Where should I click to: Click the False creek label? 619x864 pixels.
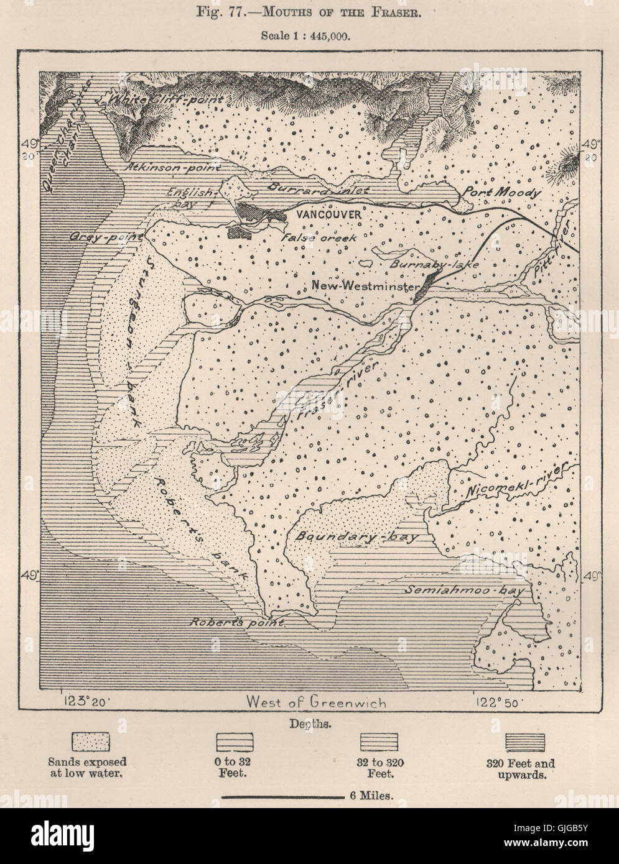tap(319, 237)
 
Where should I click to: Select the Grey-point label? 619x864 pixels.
tap(107, 237)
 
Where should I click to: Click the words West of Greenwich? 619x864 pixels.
tap(315, 702)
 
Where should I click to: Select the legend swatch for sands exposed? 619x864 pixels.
tap(91, 742)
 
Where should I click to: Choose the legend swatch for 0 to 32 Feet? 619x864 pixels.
tap(234, 742)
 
